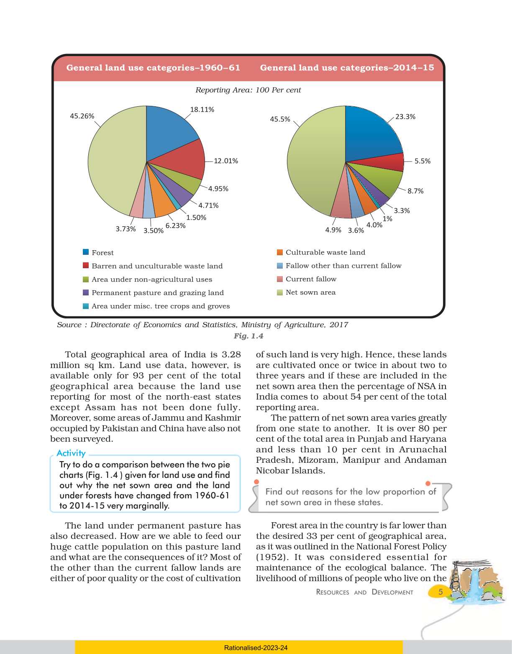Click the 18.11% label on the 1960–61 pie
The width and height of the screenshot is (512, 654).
pyautogui.click(x=202, y=110)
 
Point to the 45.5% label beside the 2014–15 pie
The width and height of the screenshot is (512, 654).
pyautogui.click(x=280, y=119)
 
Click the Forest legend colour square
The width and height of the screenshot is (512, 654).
pyautogui.click(x=86, y=252)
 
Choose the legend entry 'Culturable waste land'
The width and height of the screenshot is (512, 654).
pyautogui.click(x=325, y=252)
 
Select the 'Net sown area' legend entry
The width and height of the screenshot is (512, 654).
pyautogui.click(x=310, y=292)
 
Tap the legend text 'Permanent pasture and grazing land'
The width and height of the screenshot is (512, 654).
pyautogui.click(x=158, y=293)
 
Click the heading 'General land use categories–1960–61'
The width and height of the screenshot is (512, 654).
pyautogui.click(x=153, y=68)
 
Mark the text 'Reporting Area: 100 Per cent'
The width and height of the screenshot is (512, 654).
pyautogui.click(x=248, y=90)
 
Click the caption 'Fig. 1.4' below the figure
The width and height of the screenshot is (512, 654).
pyautogui.click(x=248, y=336)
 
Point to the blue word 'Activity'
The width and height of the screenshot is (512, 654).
pyautogui.click(x=71, y=453)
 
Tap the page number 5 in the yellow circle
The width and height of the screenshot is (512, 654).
pyautogui.click(x=440, y=592)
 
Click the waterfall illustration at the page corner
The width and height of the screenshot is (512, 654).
pyautogui.click(x=475, y=582)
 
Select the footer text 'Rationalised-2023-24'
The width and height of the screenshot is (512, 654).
pyautogui.click(x=256, y=648)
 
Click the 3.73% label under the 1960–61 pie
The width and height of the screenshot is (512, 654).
pyautogui.click(x=125, y=229)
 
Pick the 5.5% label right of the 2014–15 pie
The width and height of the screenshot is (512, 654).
pyautogui.click(x=422, y=161)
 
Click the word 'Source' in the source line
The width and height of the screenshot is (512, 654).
pyautogui.click(x=69, y=325)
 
